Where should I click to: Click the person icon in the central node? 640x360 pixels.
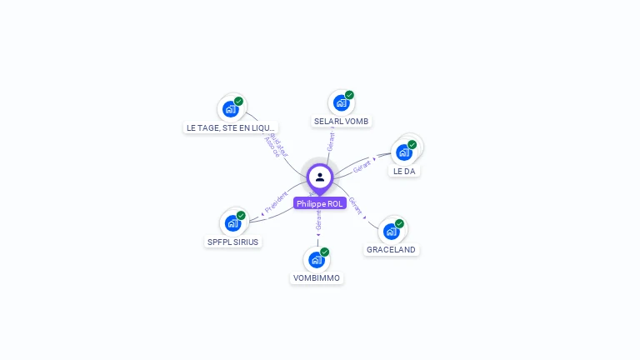coord(320,177)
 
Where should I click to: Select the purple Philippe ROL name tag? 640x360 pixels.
coord(320,203)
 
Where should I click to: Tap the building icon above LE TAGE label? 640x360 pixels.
coord(231,109)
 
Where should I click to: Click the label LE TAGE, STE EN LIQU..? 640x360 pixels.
coord(230,127)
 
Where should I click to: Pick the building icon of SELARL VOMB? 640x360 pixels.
coord(341,102)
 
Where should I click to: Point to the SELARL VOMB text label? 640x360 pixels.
coord(342,121)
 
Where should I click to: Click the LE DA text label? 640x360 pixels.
coord(403,171)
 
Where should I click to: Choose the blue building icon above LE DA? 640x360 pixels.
coord(404,152)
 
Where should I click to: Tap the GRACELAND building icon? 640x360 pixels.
coord(391,231)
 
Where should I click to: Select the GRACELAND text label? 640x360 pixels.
coord(391,249)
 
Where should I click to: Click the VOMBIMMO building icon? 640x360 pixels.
coord(317,259)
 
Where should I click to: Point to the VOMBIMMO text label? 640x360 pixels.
coord(317,277)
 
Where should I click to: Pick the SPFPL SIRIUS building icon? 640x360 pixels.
coord(233,223)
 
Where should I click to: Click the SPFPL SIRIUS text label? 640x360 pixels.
coord(233,242)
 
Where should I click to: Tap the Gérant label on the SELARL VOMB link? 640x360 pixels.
coord(331,141)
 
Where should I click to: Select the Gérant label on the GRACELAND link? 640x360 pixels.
coord(356,205)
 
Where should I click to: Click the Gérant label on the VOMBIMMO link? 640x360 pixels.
coord(318,220)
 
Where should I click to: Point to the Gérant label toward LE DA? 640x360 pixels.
coord(362,165)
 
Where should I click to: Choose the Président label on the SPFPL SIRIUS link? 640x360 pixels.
coord(277,201)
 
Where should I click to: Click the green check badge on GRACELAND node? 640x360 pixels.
coord(399,223)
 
